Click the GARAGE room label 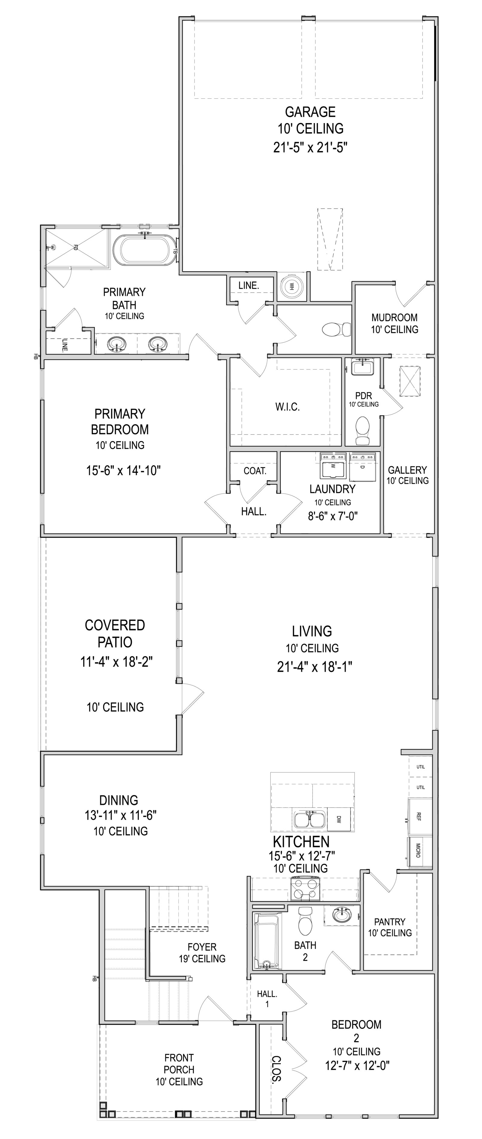click(x=310, y=112)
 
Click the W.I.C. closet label click(x=287, y=407)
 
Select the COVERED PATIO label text click(x=115, y=633)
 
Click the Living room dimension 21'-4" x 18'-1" click(x=315, y=667)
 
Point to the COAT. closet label click(x=255, y=471)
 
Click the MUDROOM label click(x=394, y=317)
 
